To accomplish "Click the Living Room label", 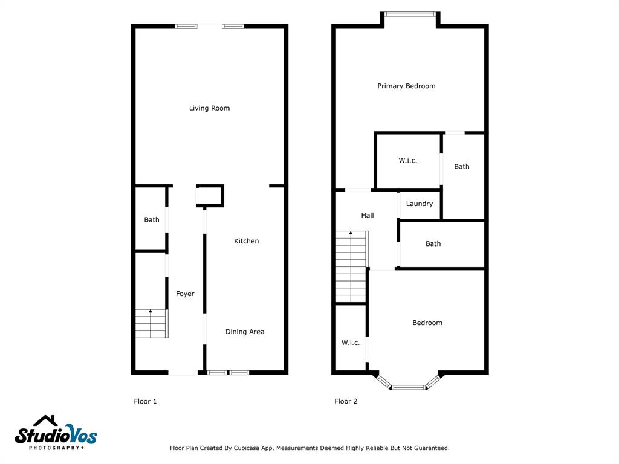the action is coord(209,108).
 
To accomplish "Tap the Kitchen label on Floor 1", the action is coord(247,241).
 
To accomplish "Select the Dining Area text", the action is coord(245,332).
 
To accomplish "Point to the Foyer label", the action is coord(185,294).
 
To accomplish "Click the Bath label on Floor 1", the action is coord(152,220).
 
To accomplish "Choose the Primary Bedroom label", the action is coord(406,86).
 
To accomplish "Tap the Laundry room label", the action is coord(420,204).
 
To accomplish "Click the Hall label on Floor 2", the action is coord(368,216).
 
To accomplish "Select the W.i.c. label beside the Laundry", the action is coord(408,161).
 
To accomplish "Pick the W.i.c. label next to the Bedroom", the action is coord(351,343).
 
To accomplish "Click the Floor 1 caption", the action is coord(145,401).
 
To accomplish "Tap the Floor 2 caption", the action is coord(346,401).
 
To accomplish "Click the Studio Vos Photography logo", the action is coord(56,433).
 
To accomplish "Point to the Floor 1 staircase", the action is coord(152,324).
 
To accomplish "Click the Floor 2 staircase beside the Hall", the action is coord(352,266).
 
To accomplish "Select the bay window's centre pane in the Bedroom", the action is coord(409,387).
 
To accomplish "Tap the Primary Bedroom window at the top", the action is coord(410,14).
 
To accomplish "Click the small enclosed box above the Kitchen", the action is coord(210,195).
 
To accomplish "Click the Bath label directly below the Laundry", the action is coord(433,244).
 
